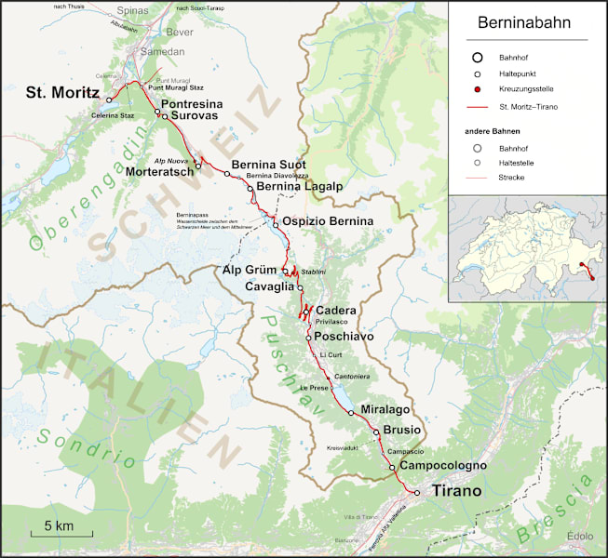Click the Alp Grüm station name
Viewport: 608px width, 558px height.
tap(250, 271)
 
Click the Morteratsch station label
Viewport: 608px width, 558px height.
tap(159, 172)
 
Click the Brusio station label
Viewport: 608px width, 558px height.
tap(402, 432)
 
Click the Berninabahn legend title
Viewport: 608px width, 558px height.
tap(526, 21)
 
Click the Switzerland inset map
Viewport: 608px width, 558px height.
tap(527, 248)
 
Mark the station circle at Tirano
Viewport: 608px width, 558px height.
tap(417, 492)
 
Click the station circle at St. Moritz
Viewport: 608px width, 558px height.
tap(109, 100)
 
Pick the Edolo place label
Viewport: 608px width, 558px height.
tap(579, 537)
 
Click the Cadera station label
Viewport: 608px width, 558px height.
tap(337, 309)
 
